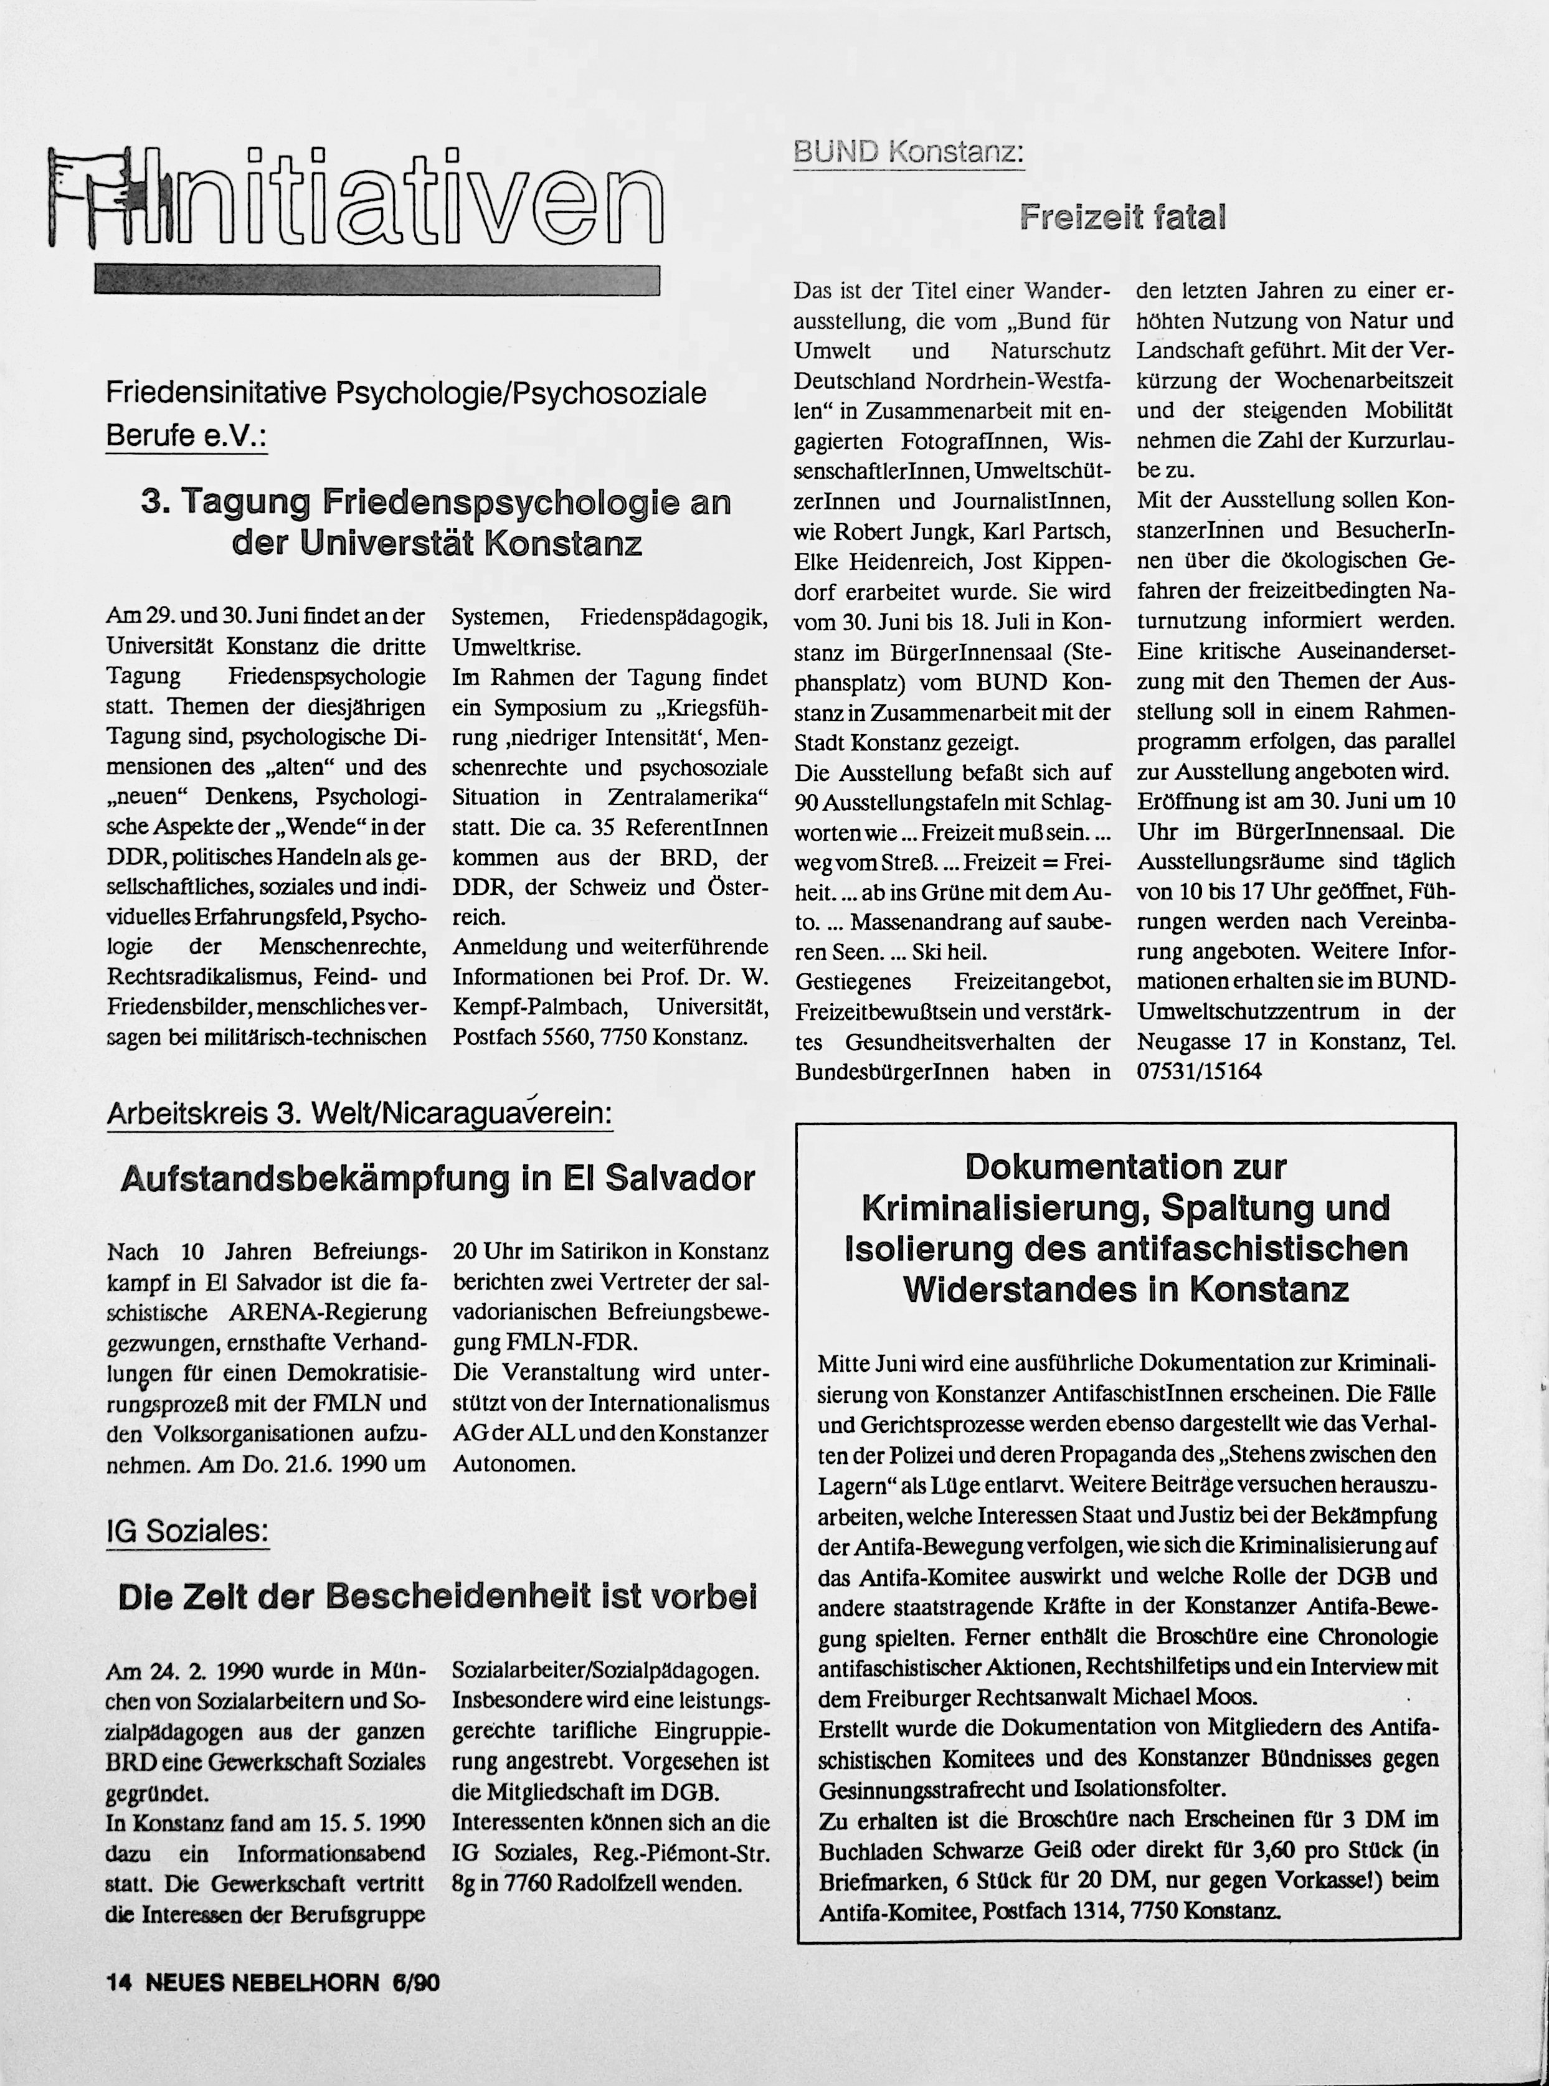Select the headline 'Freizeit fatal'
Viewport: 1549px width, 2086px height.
click(1122, 217)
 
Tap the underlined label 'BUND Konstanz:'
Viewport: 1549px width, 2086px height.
click(907, 153)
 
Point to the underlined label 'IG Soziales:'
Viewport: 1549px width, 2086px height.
click(187, 1531)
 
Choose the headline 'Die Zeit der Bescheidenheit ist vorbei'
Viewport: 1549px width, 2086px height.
click(438, 1597)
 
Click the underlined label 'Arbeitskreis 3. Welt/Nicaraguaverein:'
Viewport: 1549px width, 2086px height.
click(359, 1114)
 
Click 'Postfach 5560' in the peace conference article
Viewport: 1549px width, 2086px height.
click(519, 1038)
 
